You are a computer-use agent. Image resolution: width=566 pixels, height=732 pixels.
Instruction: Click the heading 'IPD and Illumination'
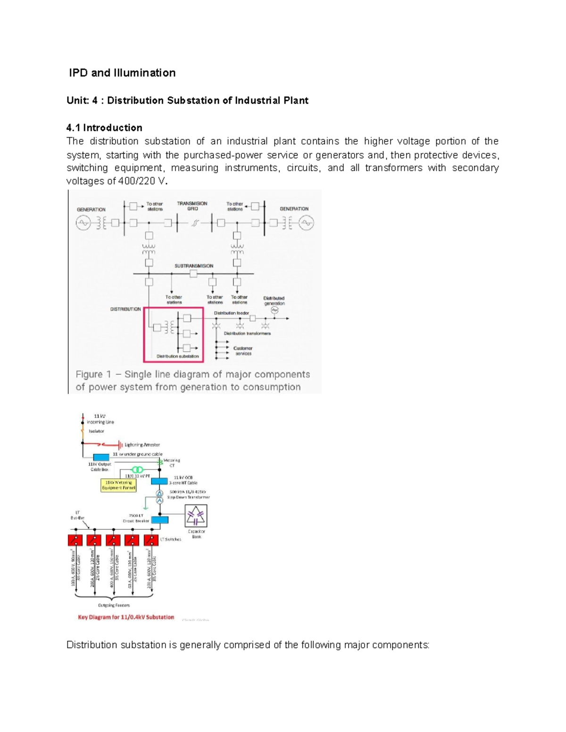coord(122,73)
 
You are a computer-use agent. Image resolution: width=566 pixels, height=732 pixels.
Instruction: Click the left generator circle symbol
coord(83,223)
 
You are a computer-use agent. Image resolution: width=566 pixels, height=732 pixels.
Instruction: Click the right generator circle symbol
coord(306,223)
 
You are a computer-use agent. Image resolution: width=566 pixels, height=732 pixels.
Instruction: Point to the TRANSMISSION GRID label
coord(192,206)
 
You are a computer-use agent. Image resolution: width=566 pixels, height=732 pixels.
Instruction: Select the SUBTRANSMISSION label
coord(194,266)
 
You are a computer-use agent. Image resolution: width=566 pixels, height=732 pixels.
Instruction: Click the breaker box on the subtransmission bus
coord(193,274)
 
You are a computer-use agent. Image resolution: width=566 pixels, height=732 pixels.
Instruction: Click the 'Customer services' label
coord(243,351)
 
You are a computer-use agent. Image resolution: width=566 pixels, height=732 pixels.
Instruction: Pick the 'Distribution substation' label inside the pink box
coord(178,356)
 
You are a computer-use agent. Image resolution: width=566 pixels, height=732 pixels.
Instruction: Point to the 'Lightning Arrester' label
coord(142,444)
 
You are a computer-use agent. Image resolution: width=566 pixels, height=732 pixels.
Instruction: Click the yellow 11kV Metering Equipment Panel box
coord(118,485)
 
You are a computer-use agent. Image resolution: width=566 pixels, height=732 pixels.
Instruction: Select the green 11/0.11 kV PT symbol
coord(137,470)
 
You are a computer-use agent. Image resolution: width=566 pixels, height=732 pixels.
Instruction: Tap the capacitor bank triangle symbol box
coord(195,516)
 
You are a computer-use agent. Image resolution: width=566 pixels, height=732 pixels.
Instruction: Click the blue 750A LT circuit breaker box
coord(159,520)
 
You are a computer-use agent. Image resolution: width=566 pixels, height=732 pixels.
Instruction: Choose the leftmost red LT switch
coord(75,540)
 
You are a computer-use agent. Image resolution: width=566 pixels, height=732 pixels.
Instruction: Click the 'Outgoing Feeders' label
coord(114,605)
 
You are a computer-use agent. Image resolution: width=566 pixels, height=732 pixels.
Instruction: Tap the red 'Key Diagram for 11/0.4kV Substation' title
coord(126,617)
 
